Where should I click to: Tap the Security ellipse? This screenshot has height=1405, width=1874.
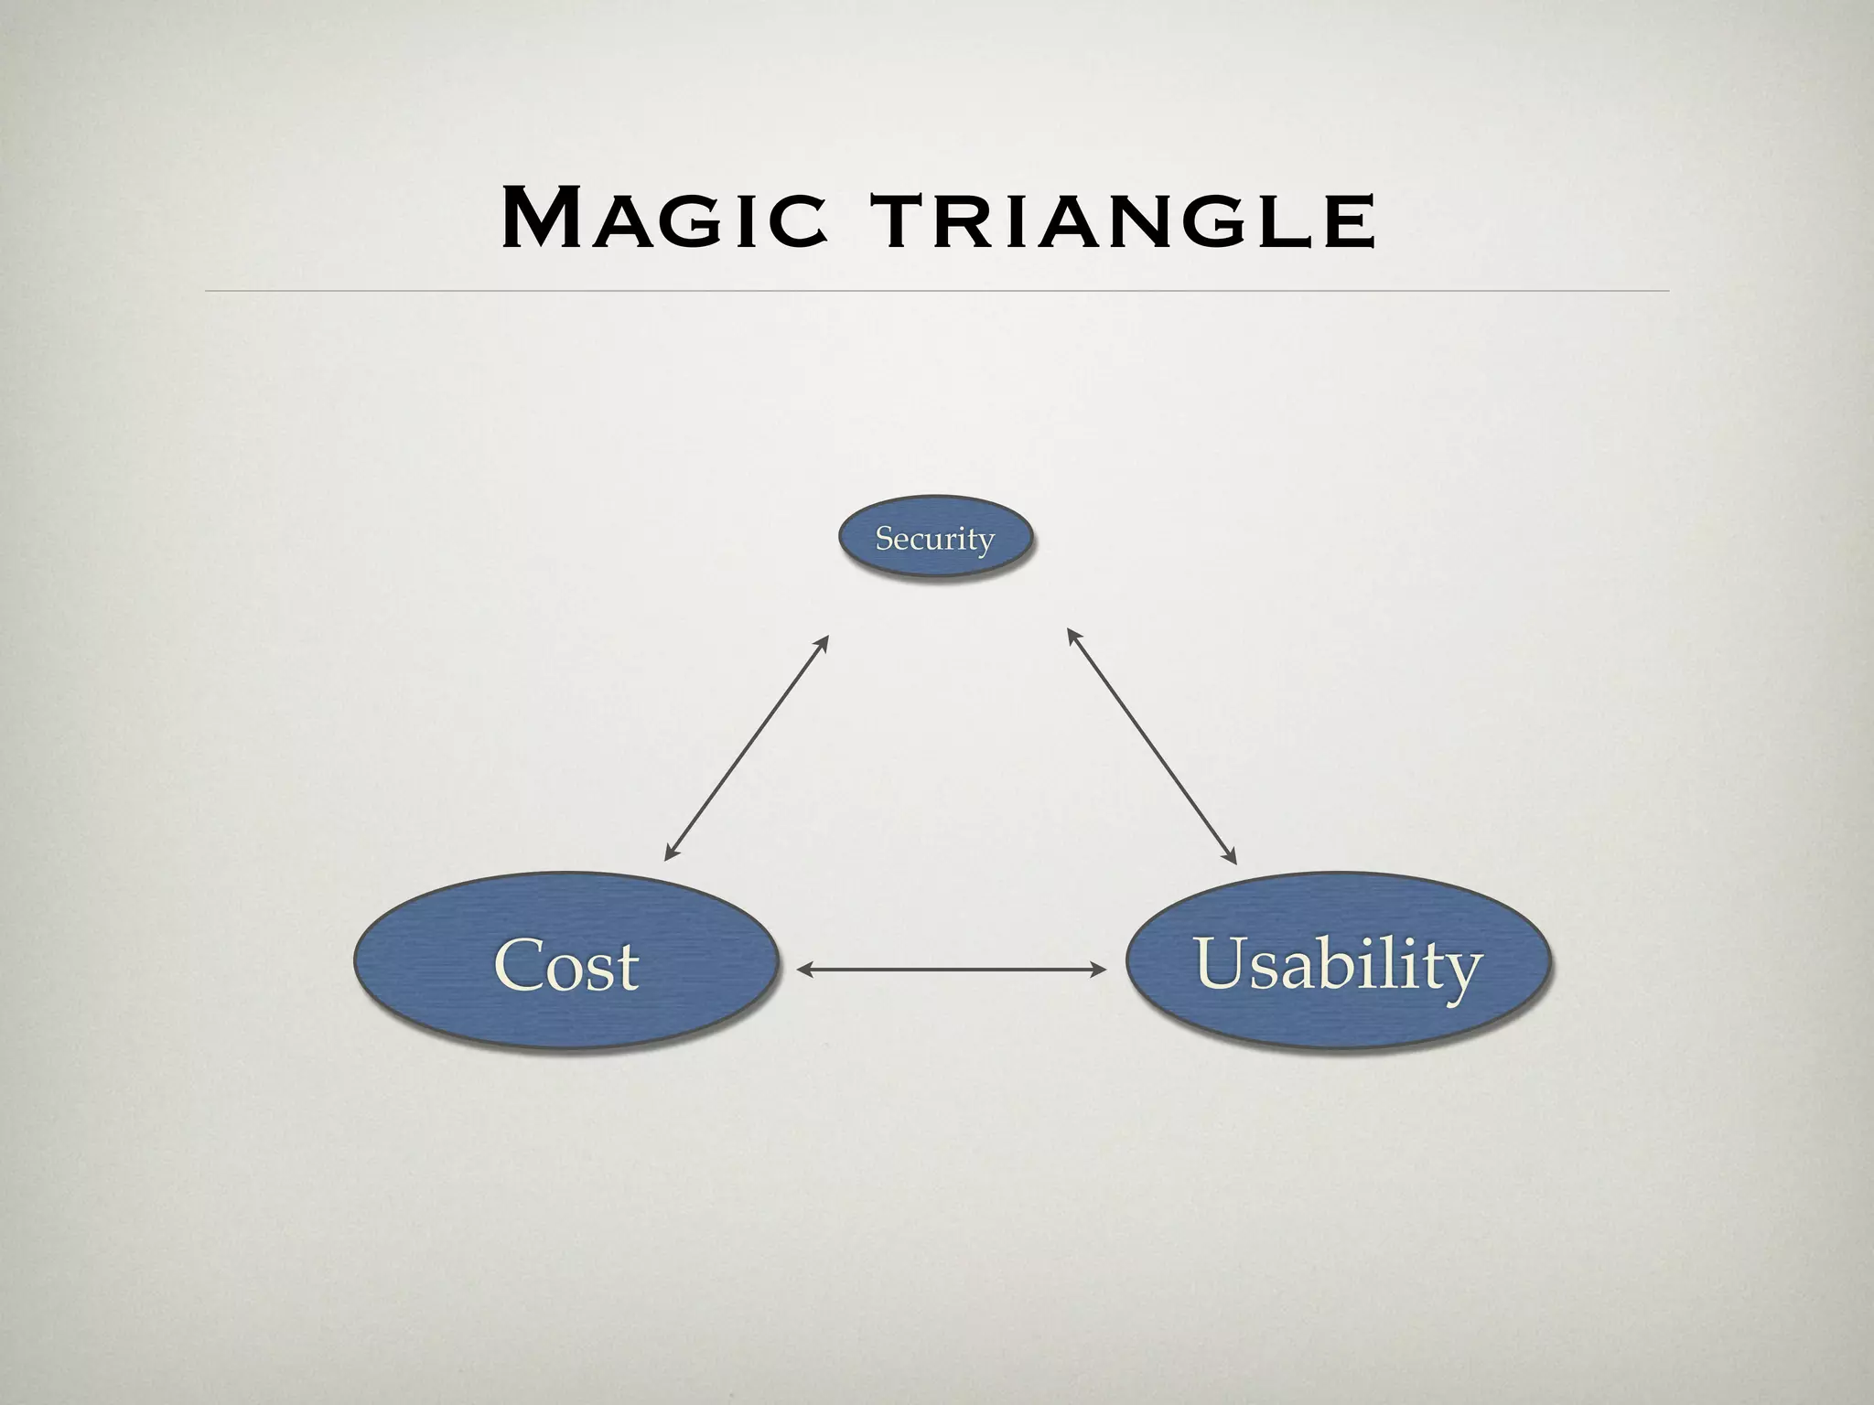[x=935, y=537]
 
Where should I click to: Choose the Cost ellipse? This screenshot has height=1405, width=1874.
[x=566, y=962]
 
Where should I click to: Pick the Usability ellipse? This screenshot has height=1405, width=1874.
[x=1337, y=962]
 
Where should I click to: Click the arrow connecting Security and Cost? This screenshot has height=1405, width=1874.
[x=746, y=748]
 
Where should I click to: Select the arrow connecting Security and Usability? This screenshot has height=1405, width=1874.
[x=1152, y=746]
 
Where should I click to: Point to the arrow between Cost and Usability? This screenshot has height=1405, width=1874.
[x=952, y=970]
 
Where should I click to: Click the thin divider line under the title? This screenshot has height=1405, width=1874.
[x=937, y=291]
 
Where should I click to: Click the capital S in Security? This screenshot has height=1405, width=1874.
[x=884, y=538]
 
